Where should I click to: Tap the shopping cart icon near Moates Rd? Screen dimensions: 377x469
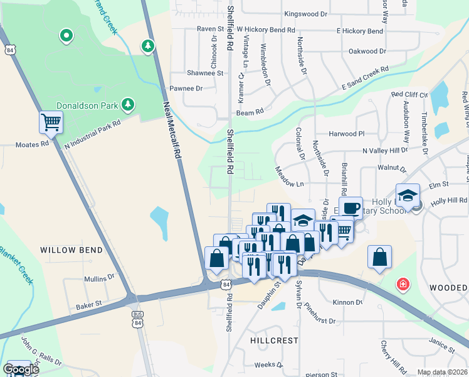pyautogui.click(x=50, y=122)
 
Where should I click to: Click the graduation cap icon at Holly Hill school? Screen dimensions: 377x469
pyautogui.click(x=408, y=195)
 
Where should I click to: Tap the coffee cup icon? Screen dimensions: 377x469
pyautogui.click(x=350, y=208)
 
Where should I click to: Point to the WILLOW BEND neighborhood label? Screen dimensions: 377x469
pyautogui.click(x=71, y=250)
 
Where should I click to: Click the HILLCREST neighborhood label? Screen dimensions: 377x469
pyautogui.click(x=274, y=340)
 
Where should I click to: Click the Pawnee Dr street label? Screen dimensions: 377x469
pyautogui.click(x=186, y=89)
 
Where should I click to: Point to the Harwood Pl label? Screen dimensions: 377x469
pyautogui.click(x=346, y=134)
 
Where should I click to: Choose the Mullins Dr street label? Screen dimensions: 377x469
pyautogui.click(x=99, y=277)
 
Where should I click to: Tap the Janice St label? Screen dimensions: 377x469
pyautogui.click(x=441, y=345)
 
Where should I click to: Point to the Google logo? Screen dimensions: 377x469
pyautogui.click(x=21, y=369)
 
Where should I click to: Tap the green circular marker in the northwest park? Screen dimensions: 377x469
pyautogui.click(x=66, y=36)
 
